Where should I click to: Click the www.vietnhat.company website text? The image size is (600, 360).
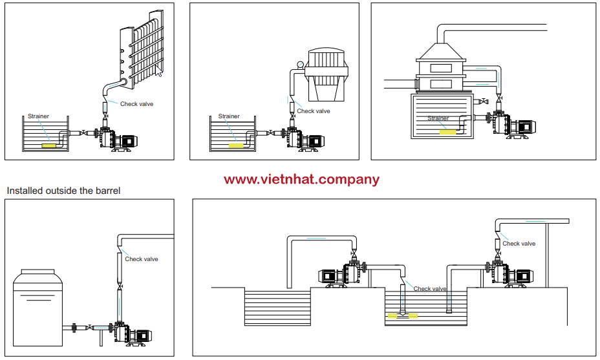pyautogui.click(x=302, y=180)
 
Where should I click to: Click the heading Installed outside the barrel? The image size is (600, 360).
pyautogui.click(x=63, y=191)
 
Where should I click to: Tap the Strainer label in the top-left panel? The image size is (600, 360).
pyautogui.click(x=38, y=116)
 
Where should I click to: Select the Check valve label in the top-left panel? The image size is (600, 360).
pyautogui.click(x=137, y=103)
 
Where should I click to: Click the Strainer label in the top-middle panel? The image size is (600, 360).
pyautogui.click(x=229, y=116)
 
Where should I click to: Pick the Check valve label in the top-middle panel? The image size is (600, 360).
pyautogui.click(x=314, y=111)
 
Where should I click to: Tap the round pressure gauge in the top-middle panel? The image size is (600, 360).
pyautogui.click(x=301, y=64)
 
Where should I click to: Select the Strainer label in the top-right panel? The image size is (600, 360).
pyautogui.click(x=438, y=118)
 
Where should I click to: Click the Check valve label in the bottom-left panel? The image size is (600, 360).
pyautogui.click(x=142, y=259)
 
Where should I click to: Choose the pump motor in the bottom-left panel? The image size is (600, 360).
pyautogui.click(x=141, y=335)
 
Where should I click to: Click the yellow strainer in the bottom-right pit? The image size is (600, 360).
pyautogui.click(x=402, y=316)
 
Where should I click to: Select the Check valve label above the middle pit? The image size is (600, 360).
pyautogui.click(x=430, y=289)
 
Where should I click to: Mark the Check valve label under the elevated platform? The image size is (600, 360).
pyautogui.click(x=519, y=244)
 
